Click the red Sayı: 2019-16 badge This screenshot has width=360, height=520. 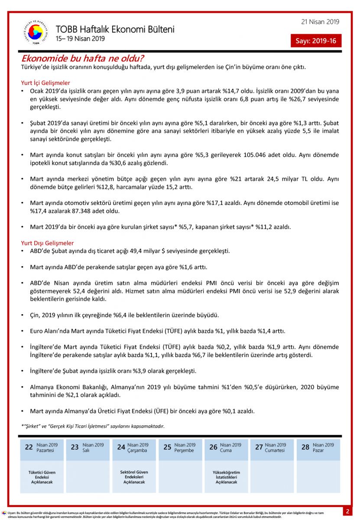pos(316,41)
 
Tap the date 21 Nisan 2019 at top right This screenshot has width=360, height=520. pos(320,22)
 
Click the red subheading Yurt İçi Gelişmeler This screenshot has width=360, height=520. pos(45,83)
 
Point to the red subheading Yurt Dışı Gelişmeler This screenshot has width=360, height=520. pos(47,243)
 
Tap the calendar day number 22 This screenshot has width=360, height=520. pos(29,447)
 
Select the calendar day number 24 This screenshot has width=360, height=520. pos(121,447)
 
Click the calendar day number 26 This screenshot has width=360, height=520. pos(213,447)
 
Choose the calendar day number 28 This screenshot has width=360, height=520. pos(305,447)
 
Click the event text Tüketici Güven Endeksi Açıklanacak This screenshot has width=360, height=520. pos(42,477)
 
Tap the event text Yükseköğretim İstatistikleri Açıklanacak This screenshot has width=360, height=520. pos(226,477)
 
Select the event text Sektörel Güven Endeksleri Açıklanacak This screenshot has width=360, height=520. pos(134,477)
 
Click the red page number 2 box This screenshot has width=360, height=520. pos(347,511)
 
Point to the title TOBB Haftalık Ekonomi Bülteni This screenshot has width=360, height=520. pos(115,29)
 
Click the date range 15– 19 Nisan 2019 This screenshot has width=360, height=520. pos(80,39)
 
